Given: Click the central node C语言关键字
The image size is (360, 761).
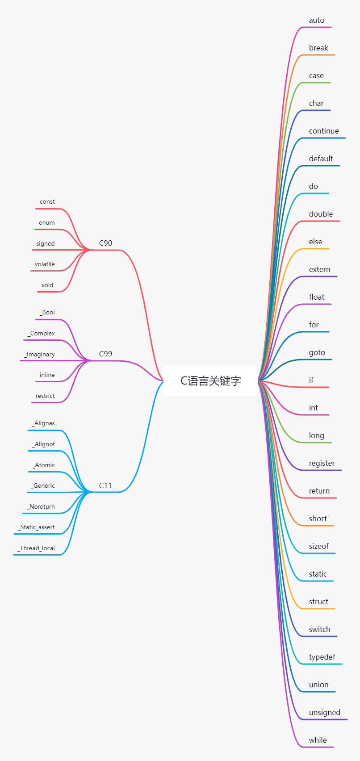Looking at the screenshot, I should [210, 381].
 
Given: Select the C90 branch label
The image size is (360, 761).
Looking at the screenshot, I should [105, 243].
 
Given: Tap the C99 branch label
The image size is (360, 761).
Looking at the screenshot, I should [105, 354].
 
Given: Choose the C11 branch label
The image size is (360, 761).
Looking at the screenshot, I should [105, 485].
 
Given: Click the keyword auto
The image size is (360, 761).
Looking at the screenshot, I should [317, 21].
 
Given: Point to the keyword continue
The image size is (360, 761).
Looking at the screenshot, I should [324, 131].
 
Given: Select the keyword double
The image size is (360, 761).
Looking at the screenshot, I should [321, 214].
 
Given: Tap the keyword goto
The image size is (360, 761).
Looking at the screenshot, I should [317, 353].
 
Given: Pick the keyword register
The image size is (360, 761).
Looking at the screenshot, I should [322, 464].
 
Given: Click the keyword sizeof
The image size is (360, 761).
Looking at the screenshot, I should [318, 547].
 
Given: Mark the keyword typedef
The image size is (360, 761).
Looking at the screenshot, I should [322, 657].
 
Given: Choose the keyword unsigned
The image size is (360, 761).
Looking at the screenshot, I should [325, 713].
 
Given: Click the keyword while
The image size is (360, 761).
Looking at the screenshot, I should [318, 740].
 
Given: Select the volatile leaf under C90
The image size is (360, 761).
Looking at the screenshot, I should [45, 264].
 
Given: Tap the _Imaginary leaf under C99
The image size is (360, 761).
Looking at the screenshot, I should [40, 355].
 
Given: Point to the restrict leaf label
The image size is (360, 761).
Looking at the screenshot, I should [45, 396].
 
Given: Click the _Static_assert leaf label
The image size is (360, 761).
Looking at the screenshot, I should [37, 527].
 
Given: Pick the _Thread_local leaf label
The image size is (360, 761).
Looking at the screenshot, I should [36, 548].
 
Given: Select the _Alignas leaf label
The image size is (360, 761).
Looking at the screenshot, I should [43, 423].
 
